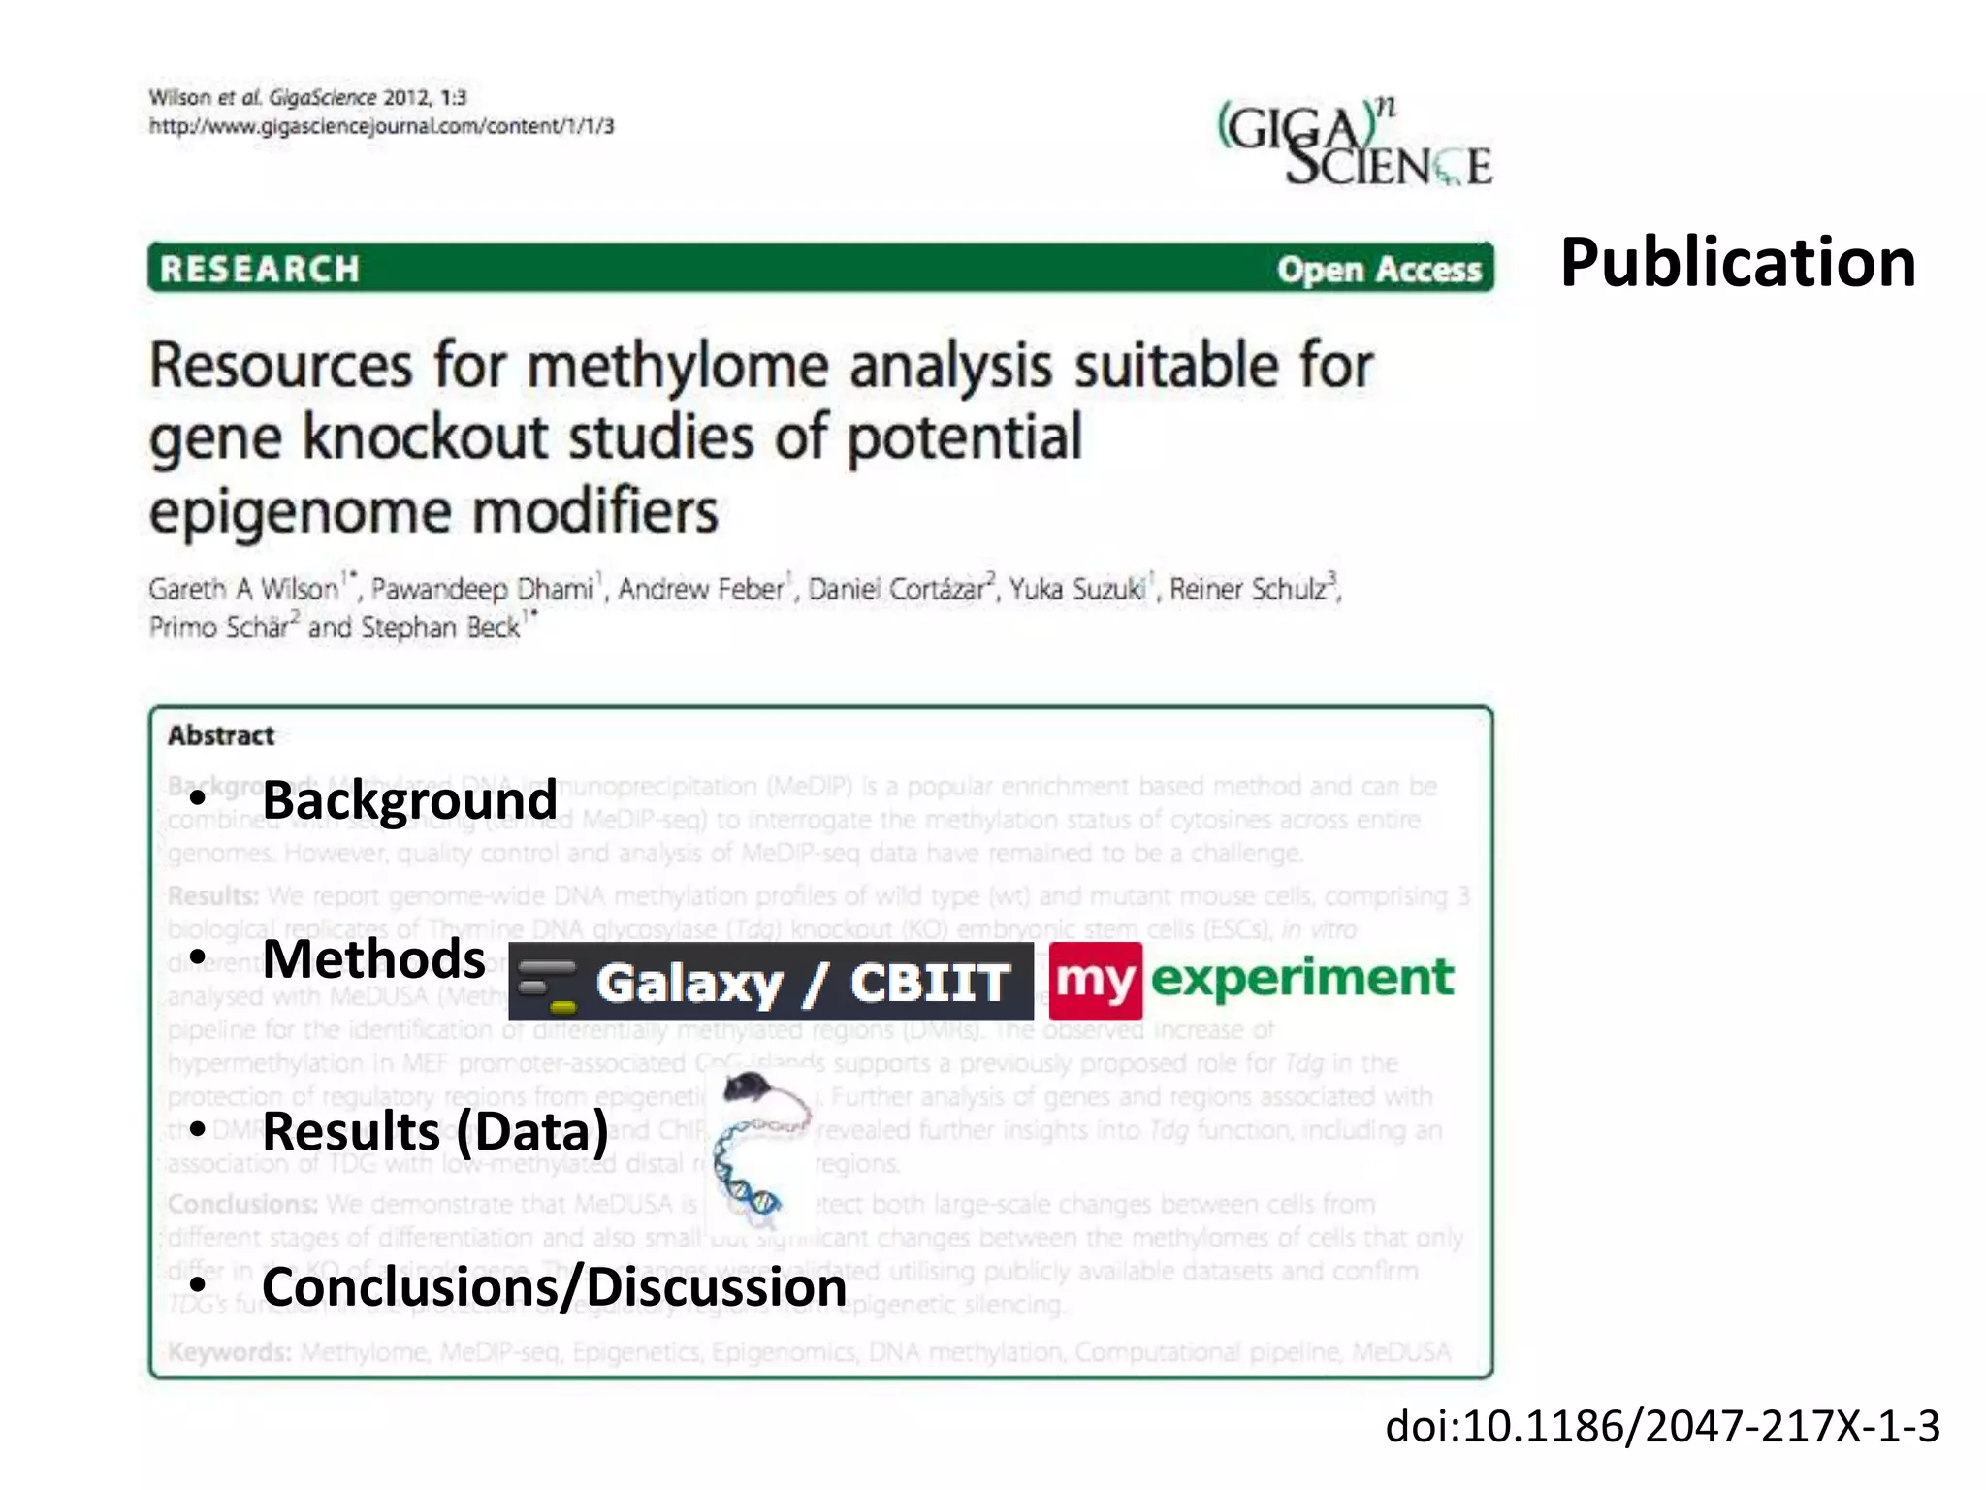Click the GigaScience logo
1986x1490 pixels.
point(1355,144)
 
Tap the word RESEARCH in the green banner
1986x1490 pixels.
point(260,269)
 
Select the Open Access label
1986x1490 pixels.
point(1379,270)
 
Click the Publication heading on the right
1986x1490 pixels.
point(1737,263)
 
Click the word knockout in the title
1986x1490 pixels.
point(427,437)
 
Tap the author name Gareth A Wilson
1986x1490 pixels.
point(243,589)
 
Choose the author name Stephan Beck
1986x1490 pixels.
point(440,628)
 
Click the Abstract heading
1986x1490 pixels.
point(221,735)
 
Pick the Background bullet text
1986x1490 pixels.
point(409,800)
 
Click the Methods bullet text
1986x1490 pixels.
point(373,959)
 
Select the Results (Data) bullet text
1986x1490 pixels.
point(435,1131)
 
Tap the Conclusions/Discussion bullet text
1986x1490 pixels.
point(554,1287)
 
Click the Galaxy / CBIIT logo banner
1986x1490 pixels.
point(771,982)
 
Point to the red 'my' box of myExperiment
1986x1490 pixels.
point(1095,981)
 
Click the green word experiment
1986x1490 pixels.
point(1302,978)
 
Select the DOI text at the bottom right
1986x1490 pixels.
point(1662,1426)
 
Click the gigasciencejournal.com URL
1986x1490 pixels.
point(381,126)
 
